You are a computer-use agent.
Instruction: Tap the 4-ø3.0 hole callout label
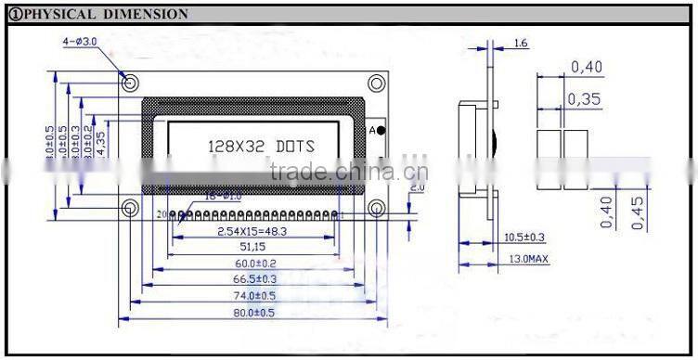[x=81, y=43]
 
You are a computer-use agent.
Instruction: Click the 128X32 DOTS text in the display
[x=259, y=147]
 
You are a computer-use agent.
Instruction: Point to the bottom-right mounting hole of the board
[x=376, y=208]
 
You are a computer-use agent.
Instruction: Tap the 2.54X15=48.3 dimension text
[x=252, y=230]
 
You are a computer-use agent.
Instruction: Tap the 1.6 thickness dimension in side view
[x=520, y=44]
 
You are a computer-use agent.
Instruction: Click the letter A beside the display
[x=372, y=131]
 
